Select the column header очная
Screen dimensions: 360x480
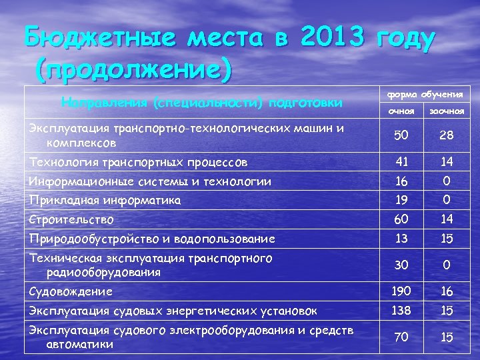(x=401, y=110)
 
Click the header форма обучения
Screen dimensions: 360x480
(x=425, y=93)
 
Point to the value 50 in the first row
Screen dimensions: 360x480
(x=401, y=135)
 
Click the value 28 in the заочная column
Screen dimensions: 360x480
(x=447, y=135)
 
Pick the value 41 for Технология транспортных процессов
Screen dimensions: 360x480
(x=401, y=161)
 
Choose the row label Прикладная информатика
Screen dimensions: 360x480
(x=105, y=199)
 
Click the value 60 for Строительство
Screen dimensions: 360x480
(x=401, y=219)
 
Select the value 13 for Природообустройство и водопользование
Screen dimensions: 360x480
(x=401, y=239)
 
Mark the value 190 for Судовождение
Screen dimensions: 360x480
(x=401, y=291)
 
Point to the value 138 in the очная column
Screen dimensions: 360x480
(x=401, y=310)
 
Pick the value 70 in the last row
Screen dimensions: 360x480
(x=401, y=337)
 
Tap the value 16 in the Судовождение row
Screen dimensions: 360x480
(x=447, y=291)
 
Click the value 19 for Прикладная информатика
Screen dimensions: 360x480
(x=401, y=199)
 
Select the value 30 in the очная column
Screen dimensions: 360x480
(x=401, y=265)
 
